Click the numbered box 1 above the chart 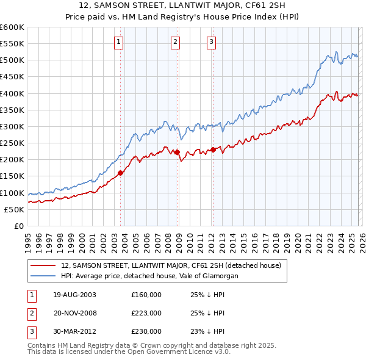118,42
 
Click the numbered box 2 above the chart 175,42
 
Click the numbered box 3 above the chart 211,42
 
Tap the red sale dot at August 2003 121,173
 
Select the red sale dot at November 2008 178,152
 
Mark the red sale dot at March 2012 213,149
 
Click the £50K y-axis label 14,209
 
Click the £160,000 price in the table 146,295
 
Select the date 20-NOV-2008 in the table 74,313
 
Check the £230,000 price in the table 146,331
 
